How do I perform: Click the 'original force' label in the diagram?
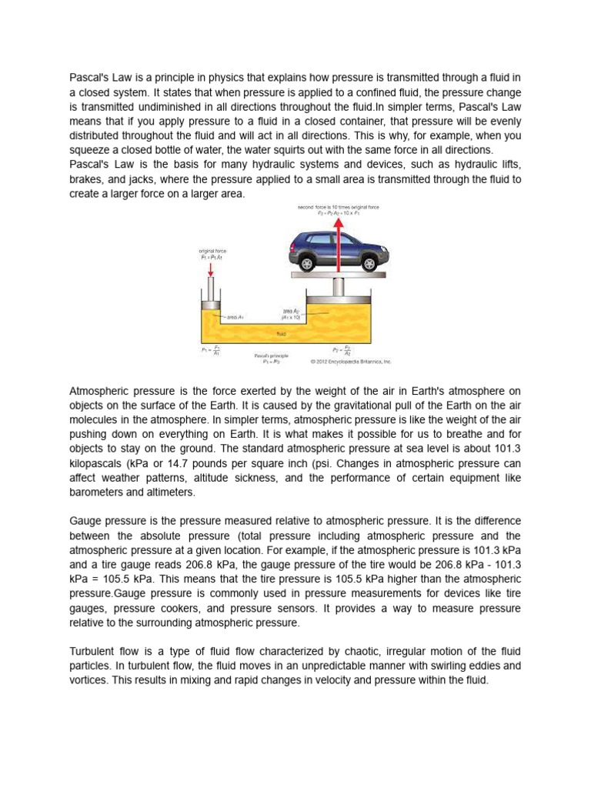pyautogui.click(x=212, y=251)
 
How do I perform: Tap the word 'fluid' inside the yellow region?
pyautogui.click(x=282, y=334)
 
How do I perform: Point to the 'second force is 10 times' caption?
pyautogui.click(x=338, y=208)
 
